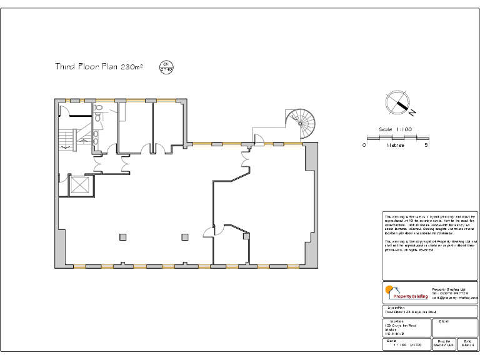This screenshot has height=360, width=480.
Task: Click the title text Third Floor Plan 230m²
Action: (99, 66)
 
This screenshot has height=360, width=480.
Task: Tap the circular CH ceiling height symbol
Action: (166, 66)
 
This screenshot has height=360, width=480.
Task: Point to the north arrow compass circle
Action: (397, 102)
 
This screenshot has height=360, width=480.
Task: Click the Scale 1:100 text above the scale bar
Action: (396, 129)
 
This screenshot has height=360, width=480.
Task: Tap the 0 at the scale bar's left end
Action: (364, 145)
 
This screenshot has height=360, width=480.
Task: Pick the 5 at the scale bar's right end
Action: (426, 145)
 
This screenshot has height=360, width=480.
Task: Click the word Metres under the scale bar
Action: (395, 145)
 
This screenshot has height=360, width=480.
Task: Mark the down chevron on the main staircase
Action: (66, 147)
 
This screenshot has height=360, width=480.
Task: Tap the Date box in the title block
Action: (467, 343)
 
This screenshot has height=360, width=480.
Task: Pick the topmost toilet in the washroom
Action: (98, 108)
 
